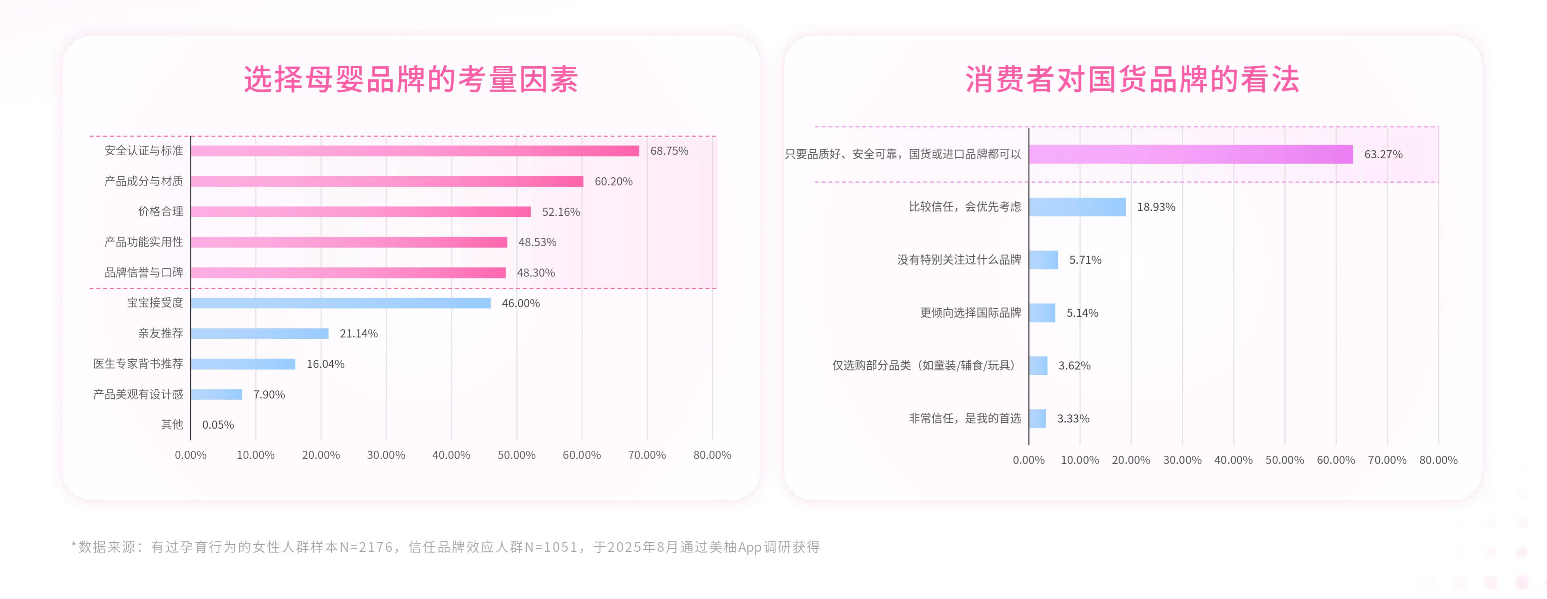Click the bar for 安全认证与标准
(414, 151)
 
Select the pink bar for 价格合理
(360, 211)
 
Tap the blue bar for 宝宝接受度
(340, 303)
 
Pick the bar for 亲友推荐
(260, 333)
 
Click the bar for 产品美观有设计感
(216, 394)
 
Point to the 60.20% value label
(613, 182)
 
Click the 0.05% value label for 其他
(218, 425)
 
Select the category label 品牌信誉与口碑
(144, 273)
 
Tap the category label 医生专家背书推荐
(138, 364)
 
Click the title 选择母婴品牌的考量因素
(411, 79)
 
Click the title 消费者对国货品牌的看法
(1132, 79)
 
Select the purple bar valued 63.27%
(1190, 154)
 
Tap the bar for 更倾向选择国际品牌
(1042, 312)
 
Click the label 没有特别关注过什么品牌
(959, 259)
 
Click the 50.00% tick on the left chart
(516, 455)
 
